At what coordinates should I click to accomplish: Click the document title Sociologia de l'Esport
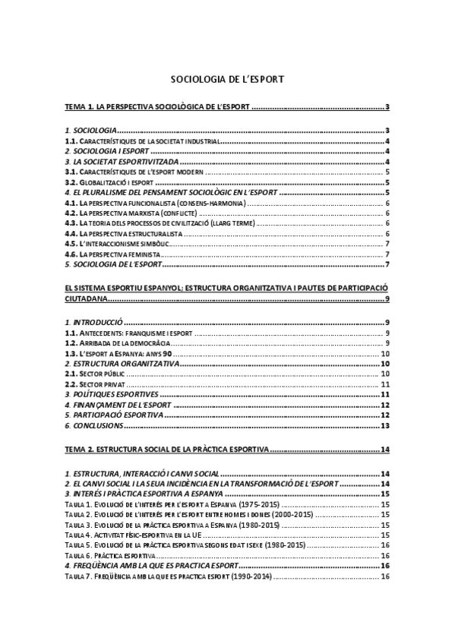(227, 78)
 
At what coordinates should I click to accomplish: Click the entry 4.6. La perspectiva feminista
(113, 254)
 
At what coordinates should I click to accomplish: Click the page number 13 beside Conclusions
(385, 425)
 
